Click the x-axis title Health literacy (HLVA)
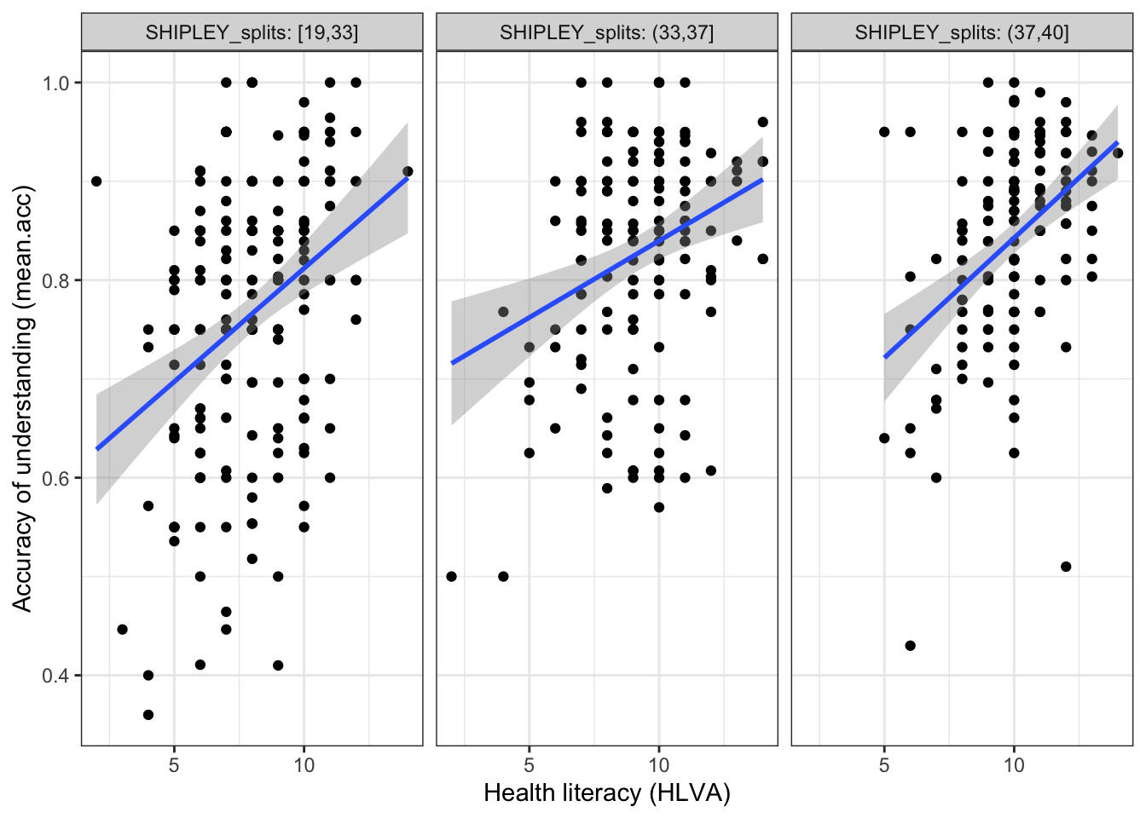(x=607, y=793)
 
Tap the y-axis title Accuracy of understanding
(x=22, y=398)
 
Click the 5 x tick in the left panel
(x=174, y=764)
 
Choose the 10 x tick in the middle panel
(x=659, y=764)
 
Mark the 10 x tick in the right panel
(x=1014, y=764)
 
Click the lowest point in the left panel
(x=148, y=715)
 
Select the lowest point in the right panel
(x=910, y=646)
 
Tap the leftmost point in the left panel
(x=96, y=181)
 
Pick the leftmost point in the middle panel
(x=452, y=577)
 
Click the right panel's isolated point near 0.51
(x=1066, y=567)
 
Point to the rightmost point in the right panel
(x=1118, y=153)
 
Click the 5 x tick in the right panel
(x=884, y=764)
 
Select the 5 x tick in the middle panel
(x=530, y=764)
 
